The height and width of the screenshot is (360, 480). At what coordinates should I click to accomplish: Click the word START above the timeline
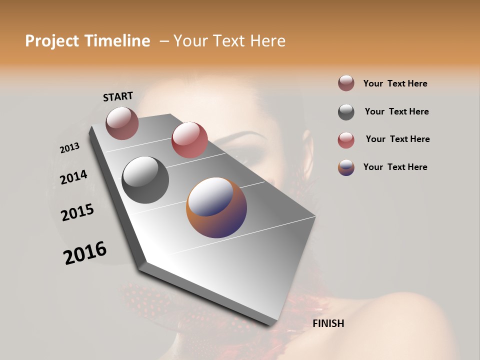(118, 96)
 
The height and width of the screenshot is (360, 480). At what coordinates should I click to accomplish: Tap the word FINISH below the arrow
(328, 323)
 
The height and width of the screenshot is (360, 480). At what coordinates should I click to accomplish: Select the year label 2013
(69, 148)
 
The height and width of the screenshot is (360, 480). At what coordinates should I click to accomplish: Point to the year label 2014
(74, 177)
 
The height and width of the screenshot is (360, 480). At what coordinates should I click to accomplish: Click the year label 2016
(85, 253)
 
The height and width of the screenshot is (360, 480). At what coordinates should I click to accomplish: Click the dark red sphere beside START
(122, 123)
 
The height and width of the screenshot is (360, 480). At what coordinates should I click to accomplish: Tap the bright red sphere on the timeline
(189, 140)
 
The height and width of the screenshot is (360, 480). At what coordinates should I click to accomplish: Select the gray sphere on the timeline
(145, 180)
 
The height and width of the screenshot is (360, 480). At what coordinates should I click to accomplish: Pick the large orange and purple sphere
(216, 207)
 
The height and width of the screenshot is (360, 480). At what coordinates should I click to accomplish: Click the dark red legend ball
(346, 83)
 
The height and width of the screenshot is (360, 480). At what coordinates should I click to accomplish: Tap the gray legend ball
(346, 112)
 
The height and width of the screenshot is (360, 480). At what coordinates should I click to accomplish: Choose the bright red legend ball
(346, 140)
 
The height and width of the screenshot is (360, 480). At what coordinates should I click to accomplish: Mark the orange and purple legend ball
(346, 167)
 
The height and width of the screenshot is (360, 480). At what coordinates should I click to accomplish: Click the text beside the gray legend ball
(396, 111)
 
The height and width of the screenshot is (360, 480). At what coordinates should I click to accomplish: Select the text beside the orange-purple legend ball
(395, 167)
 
